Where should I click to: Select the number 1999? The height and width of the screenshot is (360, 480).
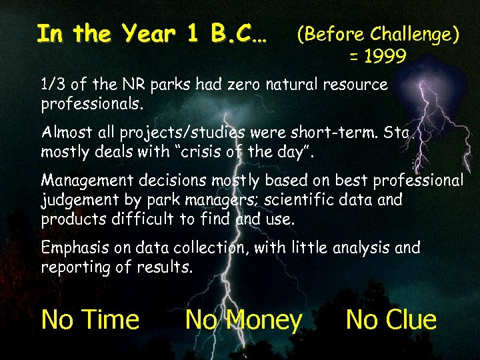tap(378, 57)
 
